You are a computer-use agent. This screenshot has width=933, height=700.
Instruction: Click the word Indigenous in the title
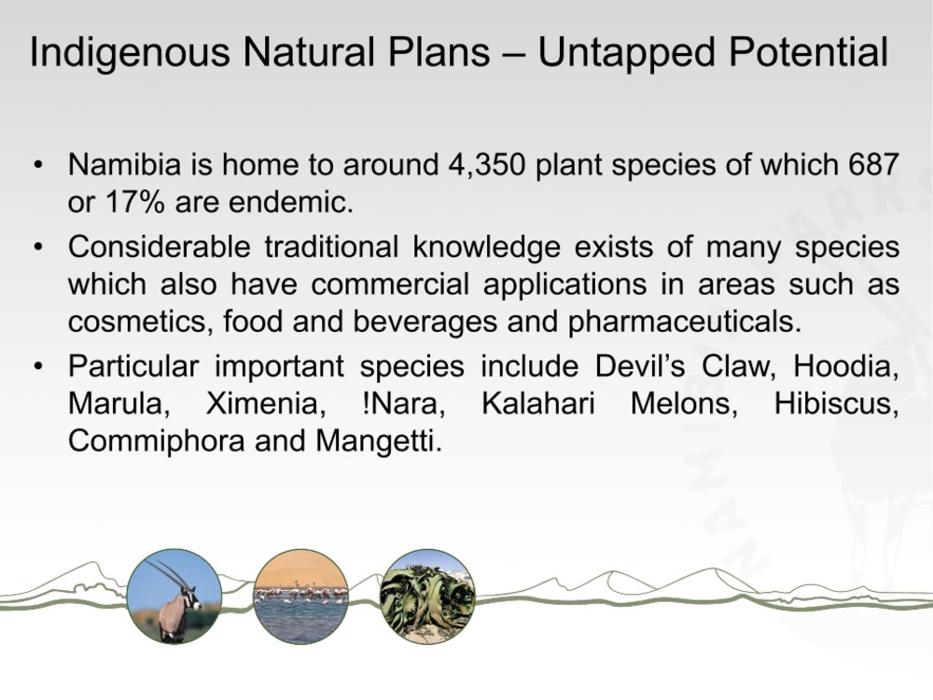tap(130, 53)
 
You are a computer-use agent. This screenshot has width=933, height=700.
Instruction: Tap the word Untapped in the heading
tap(627, 52)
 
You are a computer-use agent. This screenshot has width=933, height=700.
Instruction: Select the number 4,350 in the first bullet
tap(487, 165)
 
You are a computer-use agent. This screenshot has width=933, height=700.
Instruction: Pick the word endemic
tap(291, 202)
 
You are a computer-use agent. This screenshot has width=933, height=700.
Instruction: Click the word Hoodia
tap(845, 366)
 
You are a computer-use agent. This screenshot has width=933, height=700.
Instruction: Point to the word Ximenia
tap(265, 405)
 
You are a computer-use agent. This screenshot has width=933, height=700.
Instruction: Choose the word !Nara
tap(403, 405)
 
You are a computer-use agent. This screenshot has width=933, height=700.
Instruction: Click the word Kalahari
tap(538, 404)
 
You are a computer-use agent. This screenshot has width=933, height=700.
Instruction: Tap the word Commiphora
tap(157, 442)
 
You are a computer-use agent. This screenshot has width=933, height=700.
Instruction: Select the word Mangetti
tap(379, 442)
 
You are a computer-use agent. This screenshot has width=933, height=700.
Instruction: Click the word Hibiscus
tap(836, 405)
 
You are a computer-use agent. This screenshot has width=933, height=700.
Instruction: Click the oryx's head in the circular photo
tap(191, 596)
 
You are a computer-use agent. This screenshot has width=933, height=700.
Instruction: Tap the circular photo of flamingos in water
tap(300, 597)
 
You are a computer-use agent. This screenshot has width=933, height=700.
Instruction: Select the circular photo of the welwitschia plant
tap(427, 597)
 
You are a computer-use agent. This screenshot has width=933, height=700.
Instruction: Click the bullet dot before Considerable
tap(38, 246)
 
